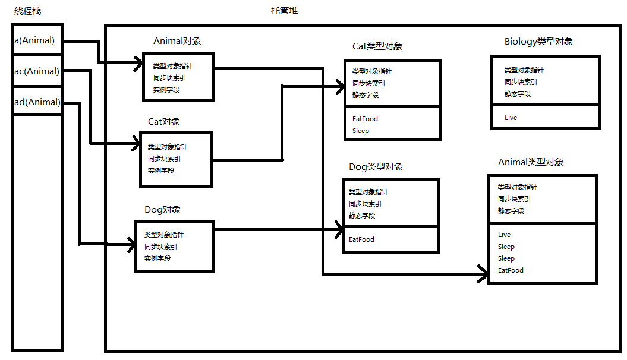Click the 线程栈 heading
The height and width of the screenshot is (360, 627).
pos(28,11)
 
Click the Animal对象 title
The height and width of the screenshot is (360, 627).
pos(177,41)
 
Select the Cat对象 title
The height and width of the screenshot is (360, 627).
pos(164,121)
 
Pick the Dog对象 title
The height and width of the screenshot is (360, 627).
pos(162,210)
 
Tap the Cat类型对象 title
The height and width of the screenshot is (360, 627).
pos(377,46)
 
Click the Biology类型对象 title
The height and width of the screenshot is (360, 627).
pos(538,42)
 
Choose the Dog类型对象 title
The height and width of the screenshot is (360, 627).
pos(376,166)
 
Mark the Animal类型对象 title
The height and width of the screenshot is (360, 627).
pos(531,162)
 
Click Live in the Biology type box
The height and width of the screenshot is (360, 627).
pos(511,118)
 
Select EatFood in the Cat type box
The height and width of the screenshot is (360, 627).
pos(365,119)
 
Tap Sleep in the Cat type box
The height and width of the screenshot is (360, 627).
pos(361,131)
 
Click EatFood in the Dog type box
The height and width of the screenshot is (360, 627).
pos(361,239)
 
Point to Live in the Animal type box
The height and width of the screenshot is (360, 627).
pos(505,235)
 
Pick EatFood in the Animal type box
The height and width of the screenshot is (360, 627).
pos(511,270)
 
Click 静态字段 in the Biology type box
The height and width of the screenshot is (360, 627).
pos(518,94)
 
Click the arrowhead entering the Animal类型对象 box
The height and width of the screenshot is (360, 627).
pos(482,274)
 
